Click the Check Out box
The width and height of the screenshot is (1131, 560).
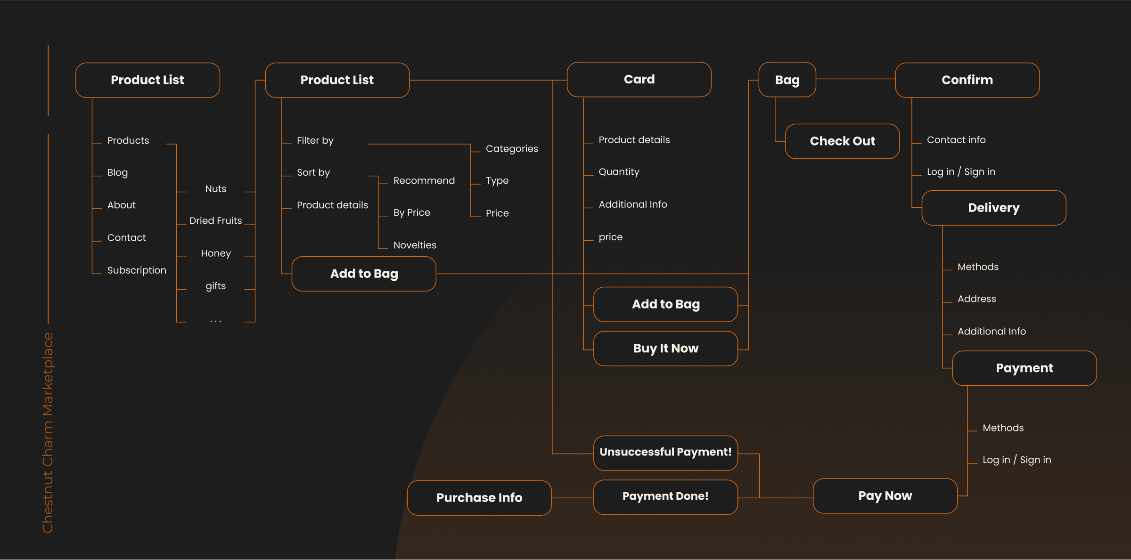point(842,141)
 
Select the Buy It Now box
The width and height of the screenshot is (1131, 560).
point(665,349)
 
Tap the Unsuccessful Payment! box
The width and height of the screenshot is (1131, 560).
point(665,453)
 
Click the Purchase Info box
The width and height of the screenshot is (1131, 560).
point(479,498)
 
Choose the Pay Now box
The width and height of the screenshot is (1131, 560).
point(885,496)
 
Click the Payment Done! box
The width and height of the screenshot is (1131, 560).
point(665,497)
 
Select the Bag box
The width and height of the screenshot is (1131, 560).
point(787,80)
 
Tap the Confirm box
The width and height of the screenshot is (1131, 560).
point(967,80)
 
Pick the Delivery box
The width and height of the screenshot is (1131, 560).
point(993,208)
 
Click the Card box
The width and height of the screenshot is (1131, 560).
point(639,80)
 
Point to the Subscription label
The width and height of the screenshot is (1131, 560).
point(137,270)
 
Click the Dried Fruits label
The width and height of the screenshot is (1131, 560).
point(215,221)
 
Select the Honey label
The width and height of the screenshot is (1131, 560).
point(216,253)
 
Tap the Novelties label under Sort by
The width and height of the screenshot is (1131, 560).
point(415,245)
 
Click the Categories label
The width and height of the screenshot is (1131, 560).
point(512,149)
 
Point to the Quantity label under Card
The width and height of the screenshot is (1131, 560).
point(619,172)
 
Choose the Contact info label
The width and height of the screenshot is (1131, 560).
point(956,140)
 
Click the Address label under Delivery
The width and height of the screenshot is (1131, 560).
point(976,299)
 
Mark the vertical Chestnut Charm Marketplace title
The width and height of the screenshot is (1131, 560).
point(48,432)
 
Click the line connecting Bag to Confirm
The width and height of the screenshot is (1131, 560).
point(855,79)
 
